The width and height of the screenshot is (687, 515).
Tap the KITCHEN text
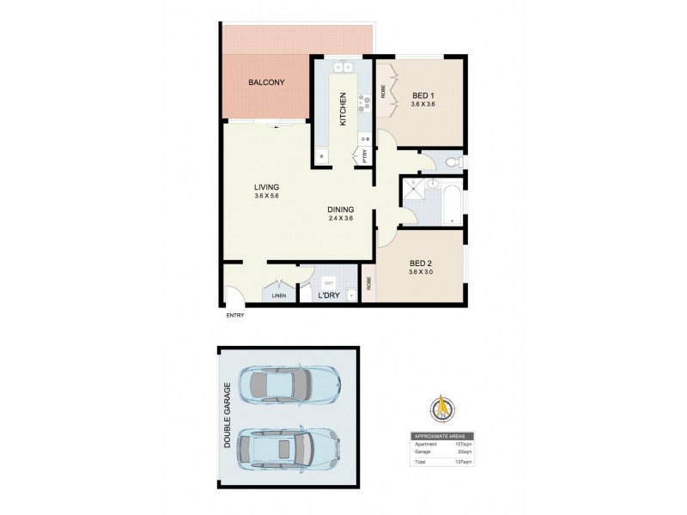(343, 109)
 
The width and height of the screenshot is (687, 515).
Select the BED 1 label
(423, 95)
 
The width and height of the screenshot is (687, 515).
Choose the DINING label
(340, 210)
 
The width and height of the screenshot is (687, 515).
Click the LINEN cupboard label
(278, 296)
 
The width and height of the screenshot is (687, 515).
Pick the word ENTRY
(234, 315)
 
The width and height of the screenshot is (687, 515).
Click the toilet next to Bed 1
(453, 161)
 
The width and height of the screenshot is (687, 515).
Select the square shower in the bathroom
(416, 194)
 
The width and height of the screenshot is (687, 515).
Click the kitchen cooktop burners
(363, 102)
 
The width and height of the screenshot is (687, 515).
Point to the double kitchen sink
(343, 67)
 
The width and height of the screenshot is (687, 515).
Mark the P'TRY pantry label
(364, 157)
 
